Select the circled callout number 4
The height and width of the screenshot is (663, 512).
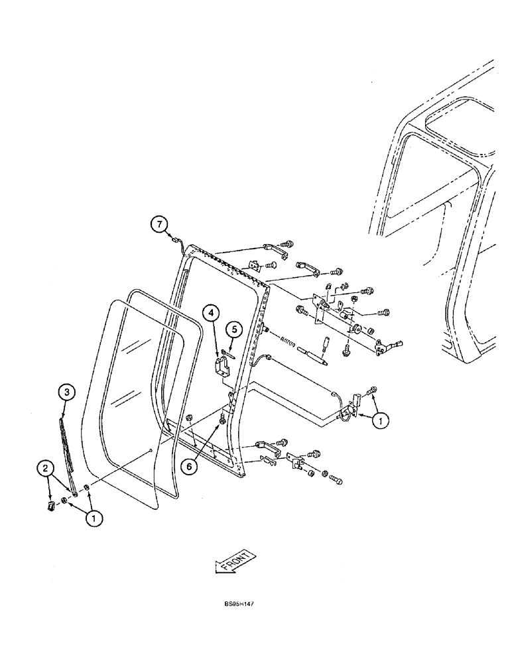(210, 312)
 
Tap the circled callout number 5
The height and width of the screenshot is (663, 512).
(233, 328)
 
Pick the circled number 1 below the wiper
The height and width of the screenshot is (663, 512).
(94, 520)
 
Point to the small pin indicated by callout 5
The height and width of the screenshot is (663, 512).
(229, 343)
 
